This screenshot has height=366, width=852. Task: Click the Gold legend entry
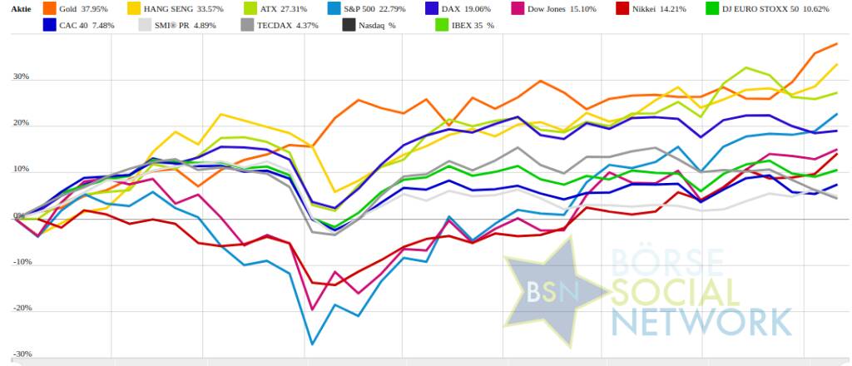tap(82, 9)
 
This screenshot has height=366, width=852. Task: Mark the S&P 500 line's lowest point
tap(312, 344)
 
